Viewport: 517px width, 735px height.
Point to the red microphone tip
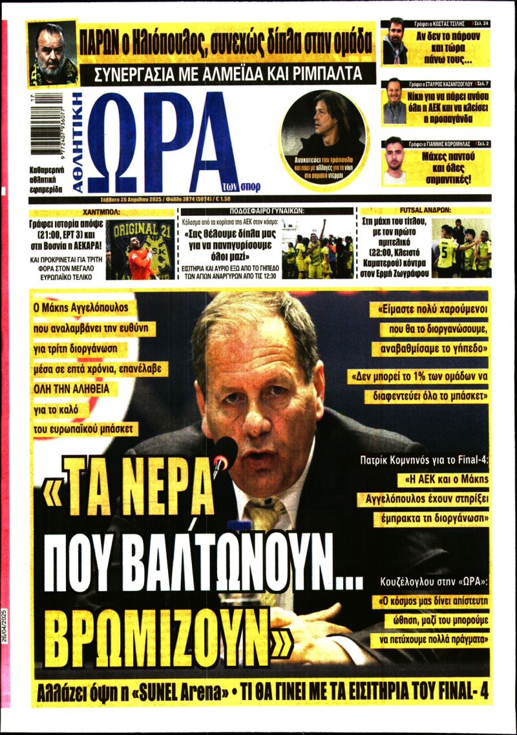[x=224, y=449]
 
